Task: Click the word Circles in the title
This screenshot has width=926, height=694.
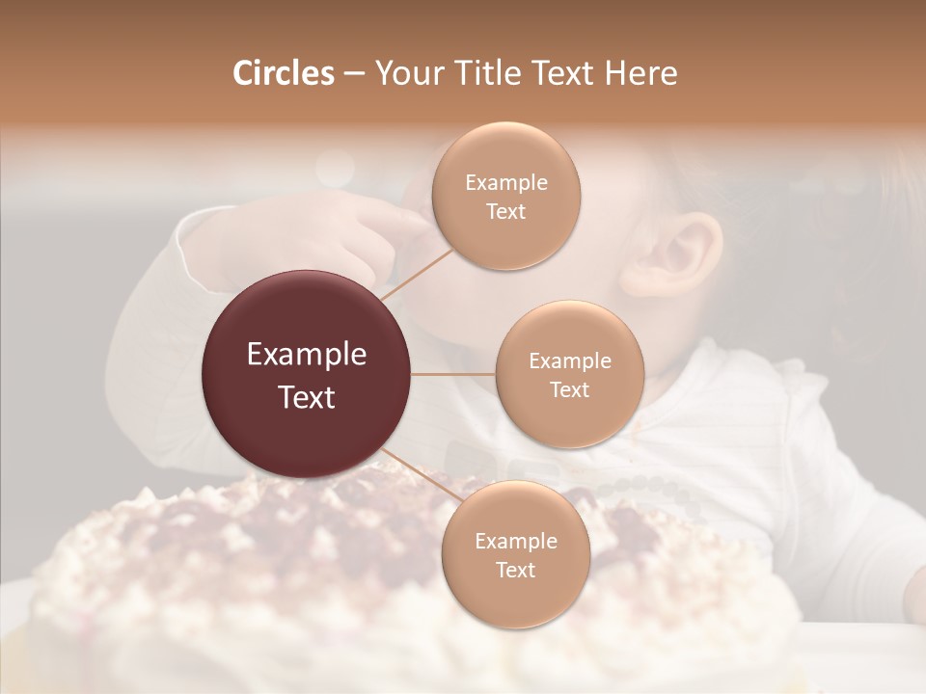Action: tap(283, 73)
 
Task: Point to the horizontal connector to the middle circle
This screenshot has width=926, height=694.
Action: tap(453, 374)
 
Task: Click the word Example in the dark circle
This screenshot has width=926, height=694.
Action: tap(307, 355)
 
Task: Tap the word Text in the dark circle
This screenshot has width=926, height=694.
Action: tap(307, 397)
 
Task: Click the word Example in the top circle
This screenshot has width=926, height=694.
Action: tap(505, 183)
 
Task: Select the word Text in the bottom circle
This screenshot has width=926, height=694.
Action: tap(515, 570)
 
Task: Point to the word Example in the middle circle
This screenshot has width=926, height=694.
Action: tap(569, 361)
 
